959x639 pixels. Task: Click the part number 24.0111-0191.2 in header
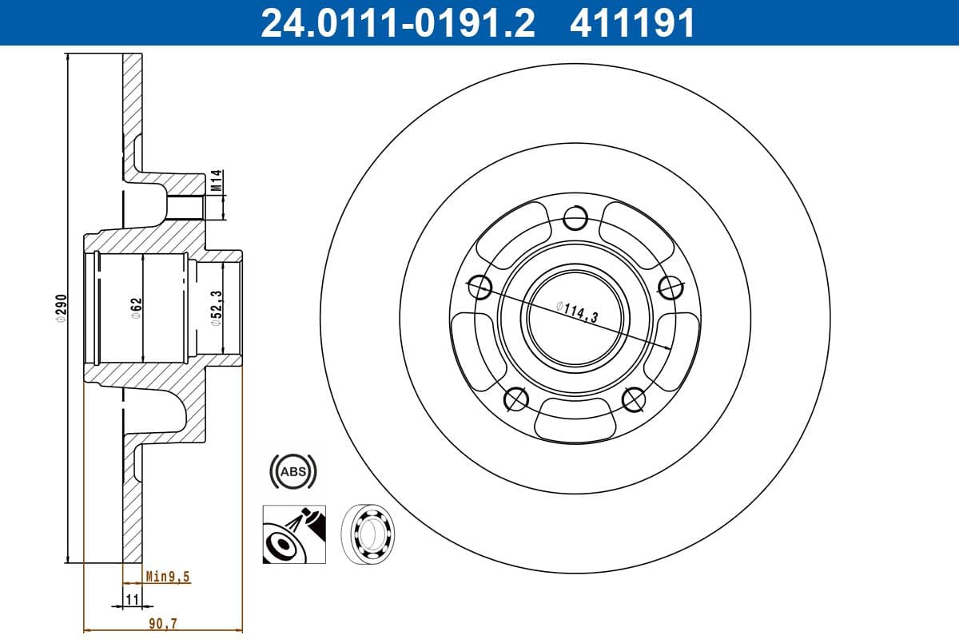398,23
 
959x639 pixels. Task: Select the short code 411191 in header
631,23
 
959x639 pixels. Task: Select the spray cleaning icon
294,534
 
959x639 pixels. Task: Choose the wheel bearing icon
370,534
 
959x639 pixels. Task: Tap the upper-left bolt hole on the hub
478,286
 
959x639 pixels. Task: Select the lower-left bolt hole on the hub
515,399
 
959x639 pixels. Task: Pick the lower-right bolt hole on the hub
633,399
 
